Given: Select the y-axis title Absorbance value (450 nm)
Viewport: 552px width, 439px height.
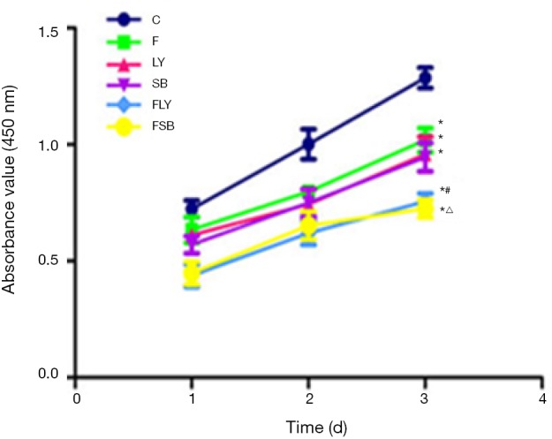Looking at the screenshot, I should (12, 203).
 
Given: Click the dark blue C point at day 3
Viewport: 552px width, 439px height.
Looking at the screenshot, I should (425, 78).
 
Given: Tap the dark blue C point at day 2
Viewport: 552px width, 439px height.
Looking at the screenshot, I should (308, 144).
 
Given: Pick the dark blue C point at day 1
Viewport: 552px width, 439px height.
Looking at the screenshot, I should (192, 208).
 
